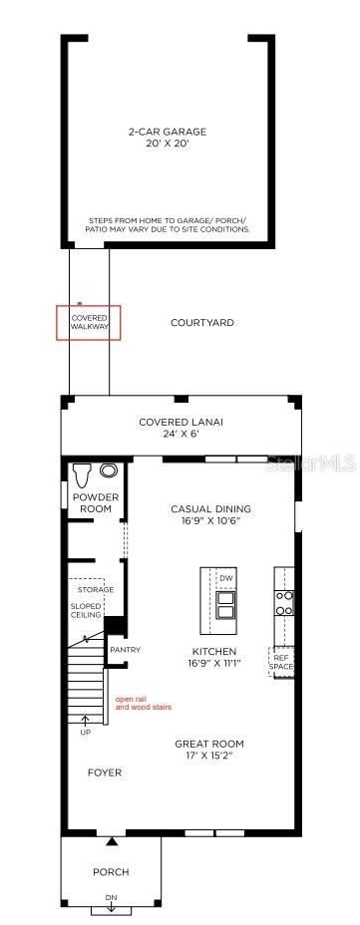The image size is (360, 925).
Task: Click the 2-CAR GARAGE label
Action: point(168,133)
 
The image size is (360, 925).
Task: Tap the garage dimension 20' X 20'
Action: point(168,144)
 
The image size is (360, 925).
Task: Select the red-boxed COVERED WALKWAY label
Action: point(89,322)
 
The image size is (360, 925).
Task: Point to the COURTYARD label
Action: point(201,323)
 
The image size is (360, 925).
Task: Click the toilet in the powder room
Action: point(81,473)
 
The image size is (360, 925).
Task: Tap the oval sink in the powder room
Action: point(108,470)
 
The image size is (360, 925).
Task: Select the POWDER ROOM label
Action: point(96,502)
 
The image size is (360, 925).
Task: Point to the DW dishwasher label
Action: point(226,579)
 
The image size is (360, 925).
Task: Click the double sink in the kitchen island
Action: point(226,605)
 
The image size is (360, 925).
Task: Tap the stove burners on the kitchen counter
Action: point(284,603)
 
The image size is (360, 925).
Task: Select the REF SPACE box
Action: point(281,662)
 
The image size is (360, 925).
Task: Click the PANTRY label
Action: point(125,650)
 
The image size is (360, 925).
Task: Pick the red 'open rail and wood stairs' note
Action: point(144,702)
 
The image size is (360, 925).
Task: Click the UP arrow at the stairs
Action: point(84,720)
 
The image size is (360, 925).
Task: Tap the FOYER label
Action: point(105,772)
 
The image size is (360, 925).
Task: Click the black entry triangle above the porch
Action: point(112,842)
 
